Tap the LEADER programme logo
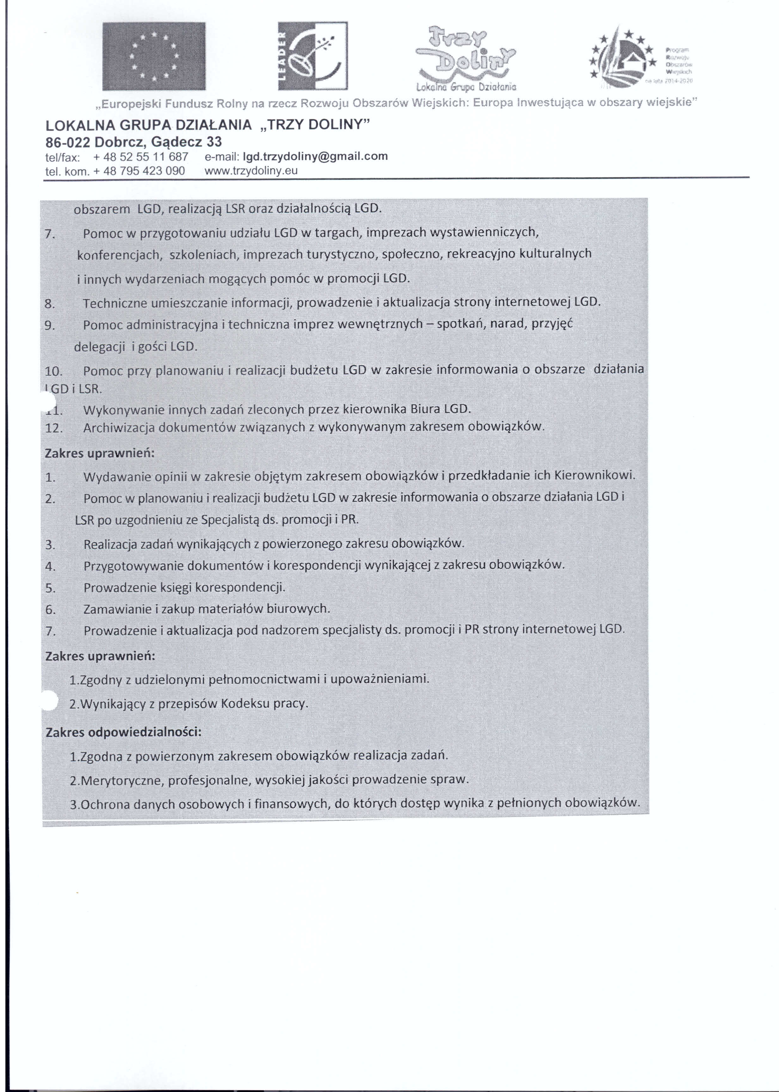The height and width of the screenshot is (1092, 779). (x=313, y=56)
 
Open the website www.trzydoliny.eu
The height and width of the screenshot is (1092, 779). (x=251, y=171)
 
